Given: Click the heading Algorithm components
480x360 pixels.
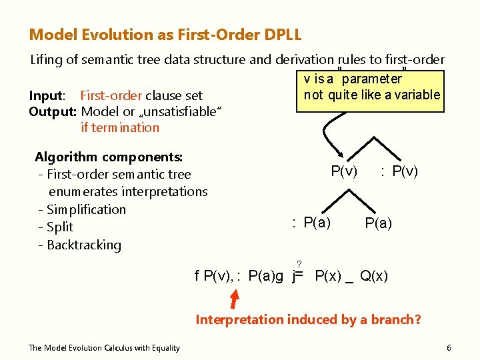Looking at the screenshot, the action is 109,157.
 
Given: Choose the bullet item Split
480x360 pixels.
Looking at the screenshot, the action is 60,227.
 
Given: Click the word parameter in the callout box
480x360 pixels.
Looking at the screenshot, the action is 372,79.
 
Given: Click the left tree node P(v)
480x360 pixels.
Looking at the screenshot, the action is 344,171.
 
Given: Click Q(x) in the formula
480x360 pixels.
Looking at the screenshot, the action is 374,276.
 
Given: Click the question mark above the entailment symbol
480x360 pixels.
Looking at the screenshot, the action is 300,265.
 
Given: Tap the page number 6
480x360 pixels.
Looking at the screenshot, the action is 449,348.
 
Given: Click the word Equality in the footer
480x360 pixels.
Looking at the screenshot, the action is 165,348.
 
